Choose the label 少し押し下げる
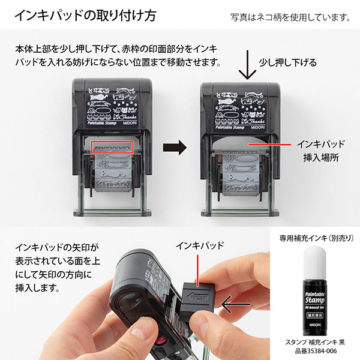coord(287,62)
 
